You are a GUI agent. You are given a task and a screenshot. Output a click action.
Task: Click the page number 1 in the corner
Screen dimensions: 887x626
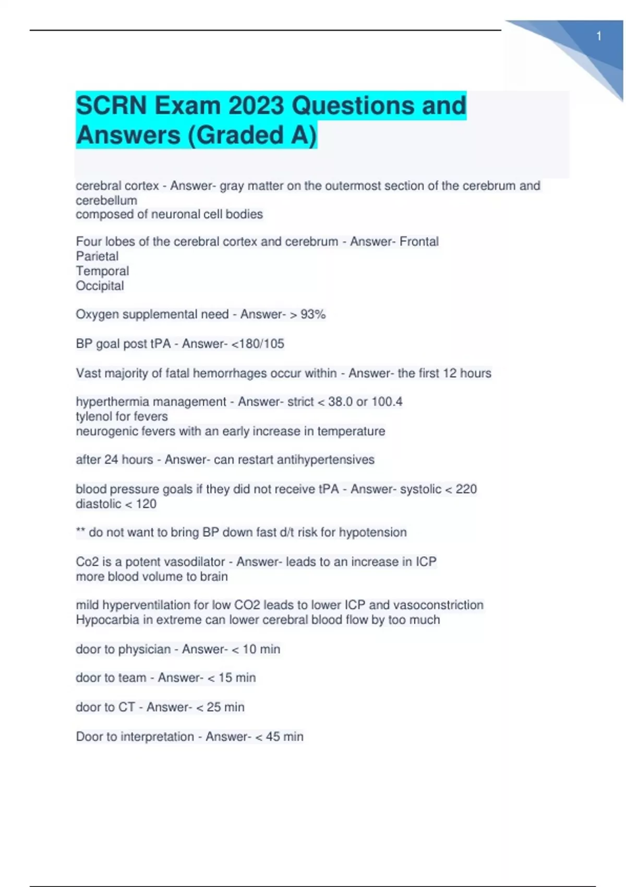point(599,37)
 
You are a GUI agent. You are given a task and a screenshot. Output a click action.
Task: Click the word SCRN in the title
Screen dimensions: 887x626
point(111,105)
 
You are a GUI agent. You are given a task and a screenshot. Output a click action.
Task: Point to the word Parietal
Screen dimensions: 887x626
point(97,256)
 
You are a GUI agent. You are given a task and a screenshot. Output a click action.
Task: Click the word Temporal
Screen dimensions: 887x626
point(102,271)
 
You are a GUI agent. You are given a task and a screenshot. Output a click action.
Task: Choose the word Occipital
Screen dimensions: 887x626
point(100,286)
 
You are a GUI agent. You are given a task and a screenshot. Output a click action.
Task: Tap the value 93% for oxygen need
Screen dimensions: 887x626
point(313,314)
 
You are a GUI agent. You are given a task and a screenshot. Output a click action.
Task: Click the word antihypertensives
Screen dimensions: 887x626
point(326,460)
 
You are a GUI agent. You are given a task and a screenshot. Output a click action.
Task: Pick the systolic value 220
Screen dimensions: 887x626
point(466,489)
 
